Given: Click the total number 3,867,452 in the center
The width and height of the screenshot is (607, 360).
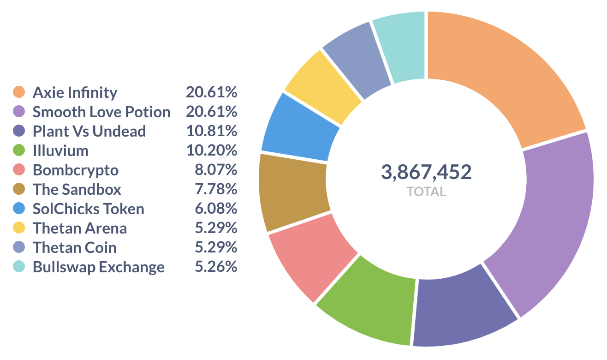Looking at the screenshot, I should point(426,172).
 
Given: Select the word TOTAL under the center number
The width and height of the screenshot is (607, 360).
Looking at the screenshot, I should point(426,192).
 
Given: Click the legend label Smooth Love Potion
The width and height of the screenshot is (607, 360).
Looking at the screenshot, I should point(101,112).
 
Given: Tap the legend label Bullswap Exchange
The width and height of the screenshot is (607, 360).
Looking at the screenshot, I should point(98,267).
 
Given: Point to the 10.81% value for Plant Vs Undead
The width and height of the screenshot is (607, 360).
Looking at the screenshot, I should point(211,132).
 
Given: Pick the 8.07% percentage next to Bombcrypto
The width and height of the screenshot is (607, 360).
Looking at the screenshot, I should point(215,170).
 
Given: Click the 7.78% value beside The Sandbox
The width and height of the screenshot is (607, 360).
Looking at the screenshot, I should point(215,190).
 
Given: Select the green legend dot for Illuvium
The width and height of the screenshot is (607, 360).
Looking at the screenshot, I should point(19,150).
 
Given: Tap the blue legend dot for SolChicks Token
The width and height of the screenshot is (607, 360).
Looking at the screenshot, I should point(19,209).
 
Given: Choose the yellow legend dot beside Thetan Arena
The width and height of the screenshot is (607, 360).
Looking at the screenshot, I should point(19,228).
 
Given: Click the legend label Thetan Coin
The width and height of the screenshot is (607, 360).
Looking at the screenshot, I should point(74,248).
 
